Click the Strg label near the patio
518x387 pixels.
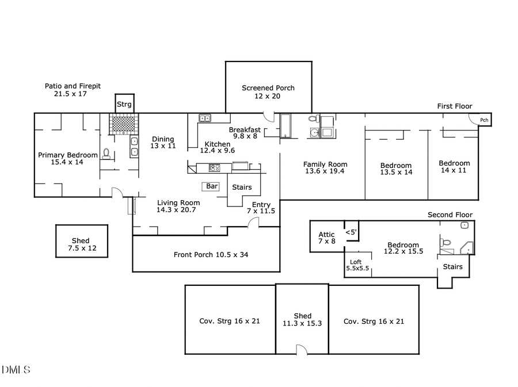click(x=124, y=105)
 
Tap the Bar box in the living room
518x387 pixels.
click(x=212, y=186)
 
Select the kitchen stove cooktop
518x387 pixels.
click(x=214, y=168)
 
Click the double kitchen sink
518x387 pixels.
click(x=205, y=118)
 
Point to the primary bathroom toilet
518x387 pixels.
click(x=106, y=154)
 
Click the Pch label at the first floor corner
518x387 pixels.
click(x=484, y=120)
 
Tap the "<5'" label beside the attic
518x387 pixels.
click(x=351, y=232)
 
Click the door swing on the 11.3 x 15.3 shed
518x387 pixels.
click(x=300, y=350)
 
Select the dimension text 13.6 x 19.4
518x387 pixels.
click(x=325, y=171)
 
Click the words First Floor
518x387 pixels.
click(x=454, y=106)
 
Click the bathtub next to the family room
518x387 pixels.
click(x=286, y=127)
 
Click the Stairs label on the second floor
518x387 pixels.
click(x=452, y=267)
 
